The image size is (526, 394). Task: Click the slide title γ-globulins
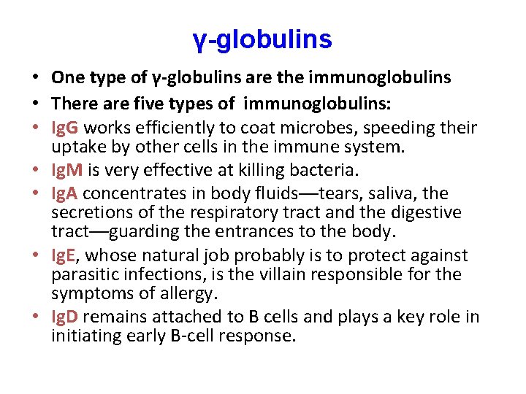point(263,39)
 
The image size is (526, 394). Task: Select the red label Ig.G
point(67,129)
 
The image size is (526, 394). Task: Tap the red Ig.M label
point(68,171)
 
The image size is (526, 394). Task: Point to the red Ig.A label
point(66,193)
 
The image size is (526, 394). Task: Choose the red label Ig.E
point(66,256)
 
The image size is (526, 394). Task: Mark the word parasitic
point(85,275)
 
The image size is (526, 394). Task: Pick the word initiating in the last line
point(82,336)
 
